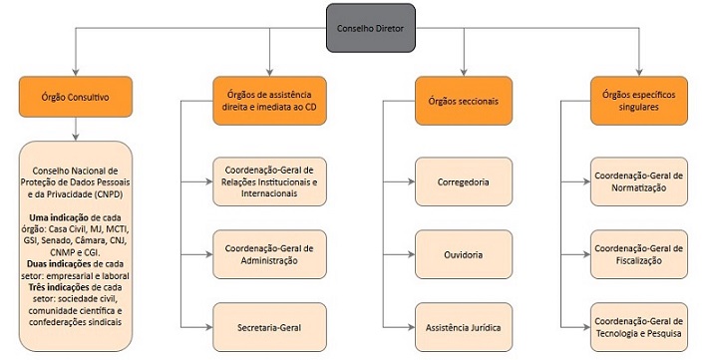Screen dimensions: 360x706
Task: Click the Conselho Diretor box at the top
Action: pyautogui.click(x=372, y=28)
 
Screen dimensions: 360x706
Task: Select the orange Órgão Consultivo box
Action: pyautogui.click(x=75, y=100)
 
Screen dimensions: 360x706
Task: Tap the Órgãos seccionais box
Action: pyautogui.click(x=463, y=100)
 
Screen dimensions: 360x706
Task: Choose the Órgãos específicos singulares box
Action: pyautogui.click(x=638, y=100)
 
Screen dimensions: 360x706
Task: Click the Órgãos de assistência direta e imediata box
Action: pyautogui.click(x=268, y=100)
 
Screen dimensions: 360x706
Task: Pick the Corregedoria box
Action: pyautogui.click(x=463, y=182)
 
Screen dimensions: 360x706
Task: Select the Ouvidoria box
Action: pyautogui.click(x=463, y=254)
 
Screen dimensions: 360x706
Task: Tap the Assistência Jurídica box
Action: pyautogui.click(x=463, y=326)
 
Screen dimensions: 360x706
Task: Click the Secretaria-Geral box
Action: pyautogui.click(x=268, y=326)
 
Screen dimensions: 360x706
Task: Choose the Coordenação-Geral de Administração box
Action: pyautogui.click(x=268, y=254)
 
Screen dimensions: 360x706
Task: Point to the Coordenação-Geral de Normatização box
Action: pyautogui.click(x=638, y=180)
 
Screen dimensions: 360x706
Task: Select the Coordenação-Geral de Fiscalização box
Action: pyautogui.click(x=638, y=254)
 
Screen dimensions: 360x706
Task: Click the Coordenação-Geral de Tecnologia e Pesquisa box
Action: pyautogui.click(x=638, y=326)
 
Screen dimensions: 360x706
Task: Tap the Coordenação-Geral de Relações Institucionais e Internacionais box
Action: pyautogui.click(x=268, y=180)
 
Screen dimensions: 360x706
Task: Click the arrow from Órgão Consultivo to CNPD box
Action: pyautogui.click(x=75, y=130)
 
